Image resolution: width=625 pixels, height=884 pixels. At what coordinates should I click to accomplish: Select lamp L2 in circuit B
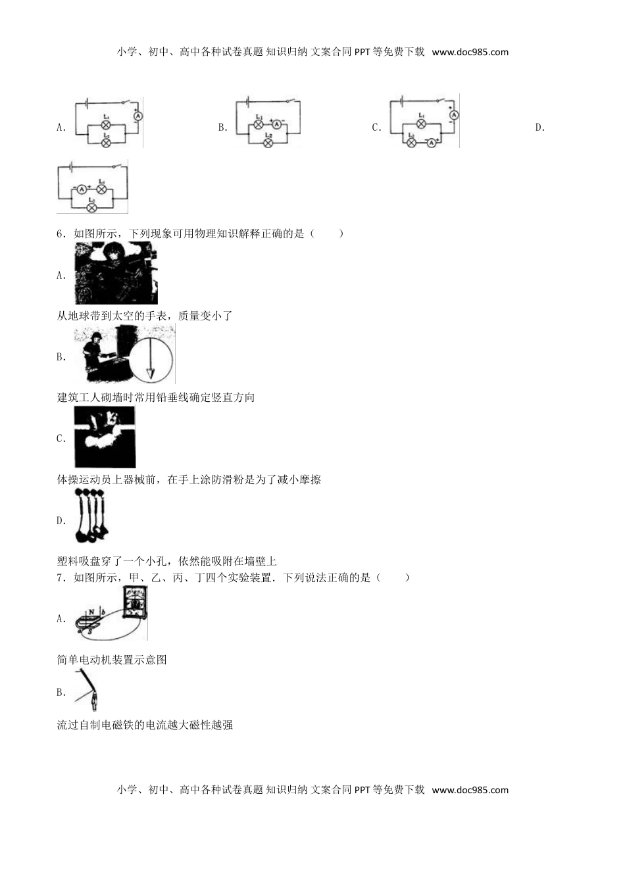pos(268,143)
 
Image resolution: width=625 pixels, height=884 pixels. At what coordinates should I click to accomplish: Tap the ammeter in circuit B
pos(277,124)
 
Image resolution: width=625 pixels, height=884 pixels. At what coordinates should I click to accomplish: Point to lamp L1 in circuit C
pos(421,124)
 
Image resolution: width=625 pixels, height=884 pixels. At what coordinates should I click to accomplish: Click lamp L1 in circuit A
pos(105,124)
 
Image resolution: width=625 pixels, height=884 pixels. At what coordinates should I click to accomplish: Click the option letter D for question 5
pos(539,128)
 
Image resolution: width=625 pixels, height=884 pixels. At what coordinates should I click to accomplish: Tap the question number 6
pos(61,233)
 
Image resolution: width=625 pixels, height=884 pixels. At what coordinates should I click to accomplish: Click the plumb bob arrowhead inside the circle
pos(151,374)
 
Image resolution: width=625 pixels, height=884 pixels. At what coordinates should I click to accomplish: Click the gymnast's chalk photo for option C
pos(105,437)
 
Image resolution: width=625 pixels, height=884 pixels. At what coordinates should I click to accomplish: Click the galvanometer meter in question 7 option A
pos(135,604)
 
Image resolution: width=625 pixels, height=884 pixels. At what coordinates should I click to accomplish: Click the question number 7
pos(61,578)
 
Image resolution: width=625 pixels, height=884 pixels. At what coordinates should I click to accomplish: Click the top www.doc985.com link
pos(470,52)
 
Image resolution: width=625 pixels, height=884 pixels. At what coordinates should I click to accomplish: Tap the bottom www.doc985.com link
pos(470,790)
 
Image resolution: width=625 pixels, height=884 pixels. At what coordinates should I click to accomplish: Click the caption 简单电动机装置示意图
pos(112,660)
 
